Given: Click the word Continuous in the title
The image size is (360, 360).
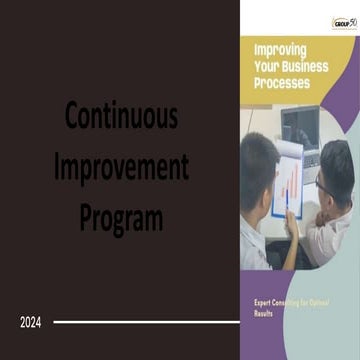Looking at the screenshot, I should click(x=121, y=116).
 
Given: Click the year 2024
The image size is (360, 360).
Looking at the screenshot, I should click(x=31, y=322).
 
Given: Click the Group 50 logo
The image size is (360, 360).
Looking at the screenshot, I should click(x=345, y=22).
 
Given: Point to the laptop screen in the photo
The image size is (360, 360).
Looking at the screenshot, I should click(x=299, y=125).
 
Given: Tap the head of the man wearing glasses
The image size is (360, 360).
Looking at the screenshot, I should click(x=332, y=165).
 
